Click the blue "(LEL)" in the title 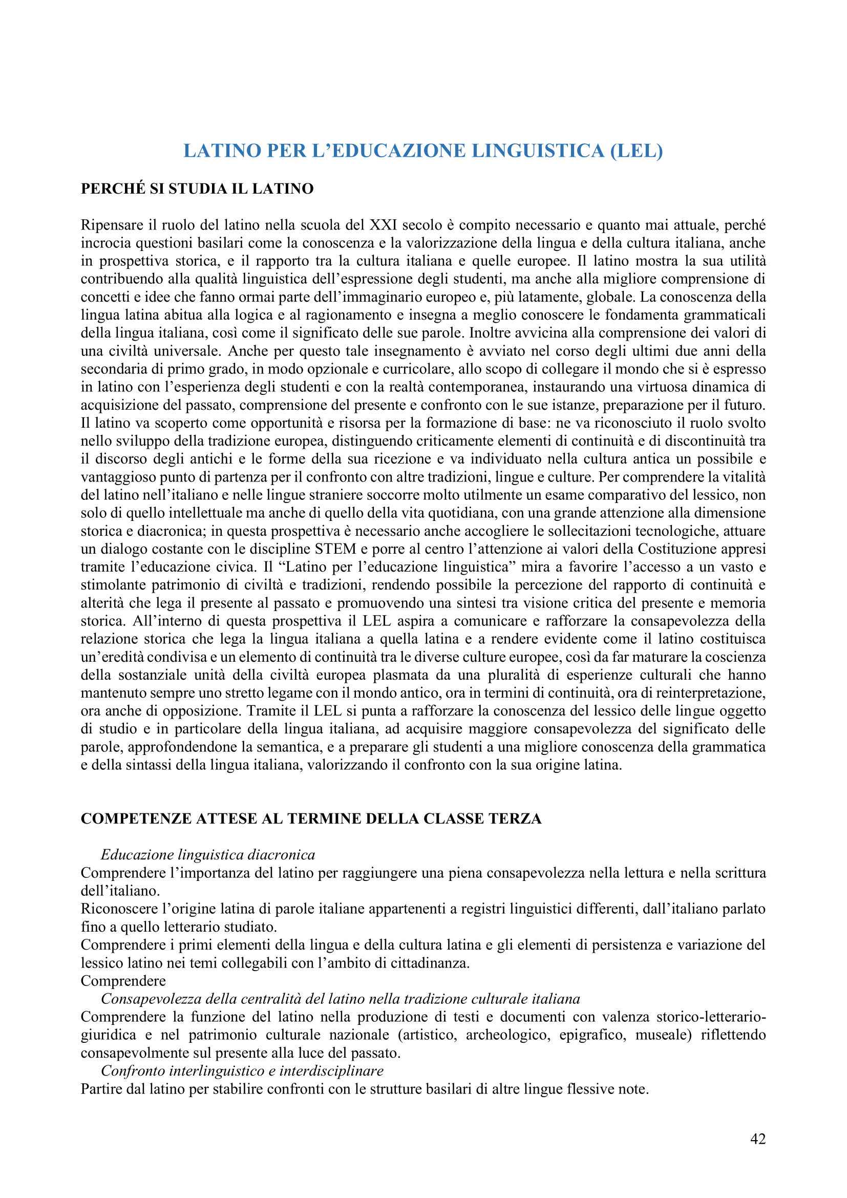tap(637, 151)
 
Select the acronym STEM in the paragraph tap(335, 549)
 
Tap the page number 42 tap(758, 1139)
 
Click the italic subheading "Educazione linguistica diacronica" tap(208, 855)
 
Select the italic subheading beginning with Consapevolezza tap(340, 999)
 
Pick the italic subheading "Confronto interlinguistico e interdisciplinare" tap(242, 1070)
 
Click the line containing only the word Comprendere tap(123, 981)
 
